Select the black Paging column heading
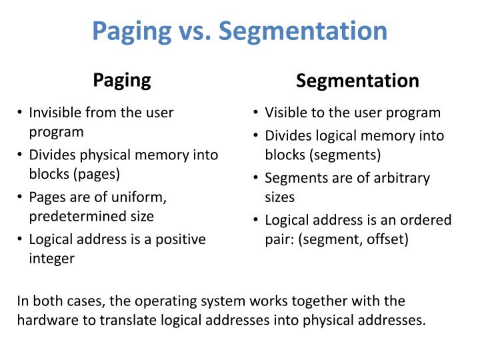click(x=122, y=80)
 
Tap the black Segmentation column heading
click(x=357, y=81)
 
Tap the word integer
click(x=51, y=258)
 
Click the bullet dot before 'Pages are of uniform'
click(x=21, y=197)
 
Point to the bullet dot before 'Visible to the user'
click(x=257, y=113)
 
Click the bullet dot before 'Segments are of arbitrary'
click(x=257, y=178)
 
